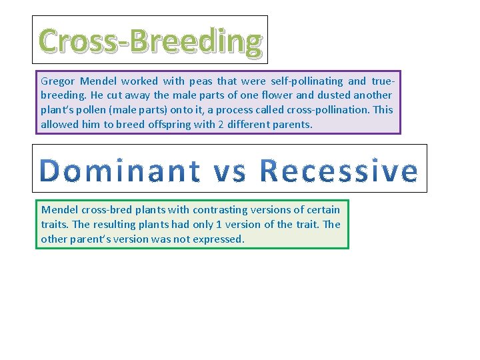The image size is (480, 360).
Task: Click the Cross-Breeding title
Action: pos(151,41)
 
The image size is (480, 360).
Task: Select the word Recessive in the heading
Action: pos(338,171)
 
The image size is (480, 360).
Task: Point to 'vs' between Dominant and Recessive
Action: pos(229,172)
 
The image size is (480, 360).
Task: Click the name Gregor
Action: pos(58,81)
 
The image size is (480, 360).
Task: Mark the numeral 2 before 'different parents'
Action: pos(199,125)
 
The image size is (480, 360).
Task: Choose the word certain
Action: pos(323,210)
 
